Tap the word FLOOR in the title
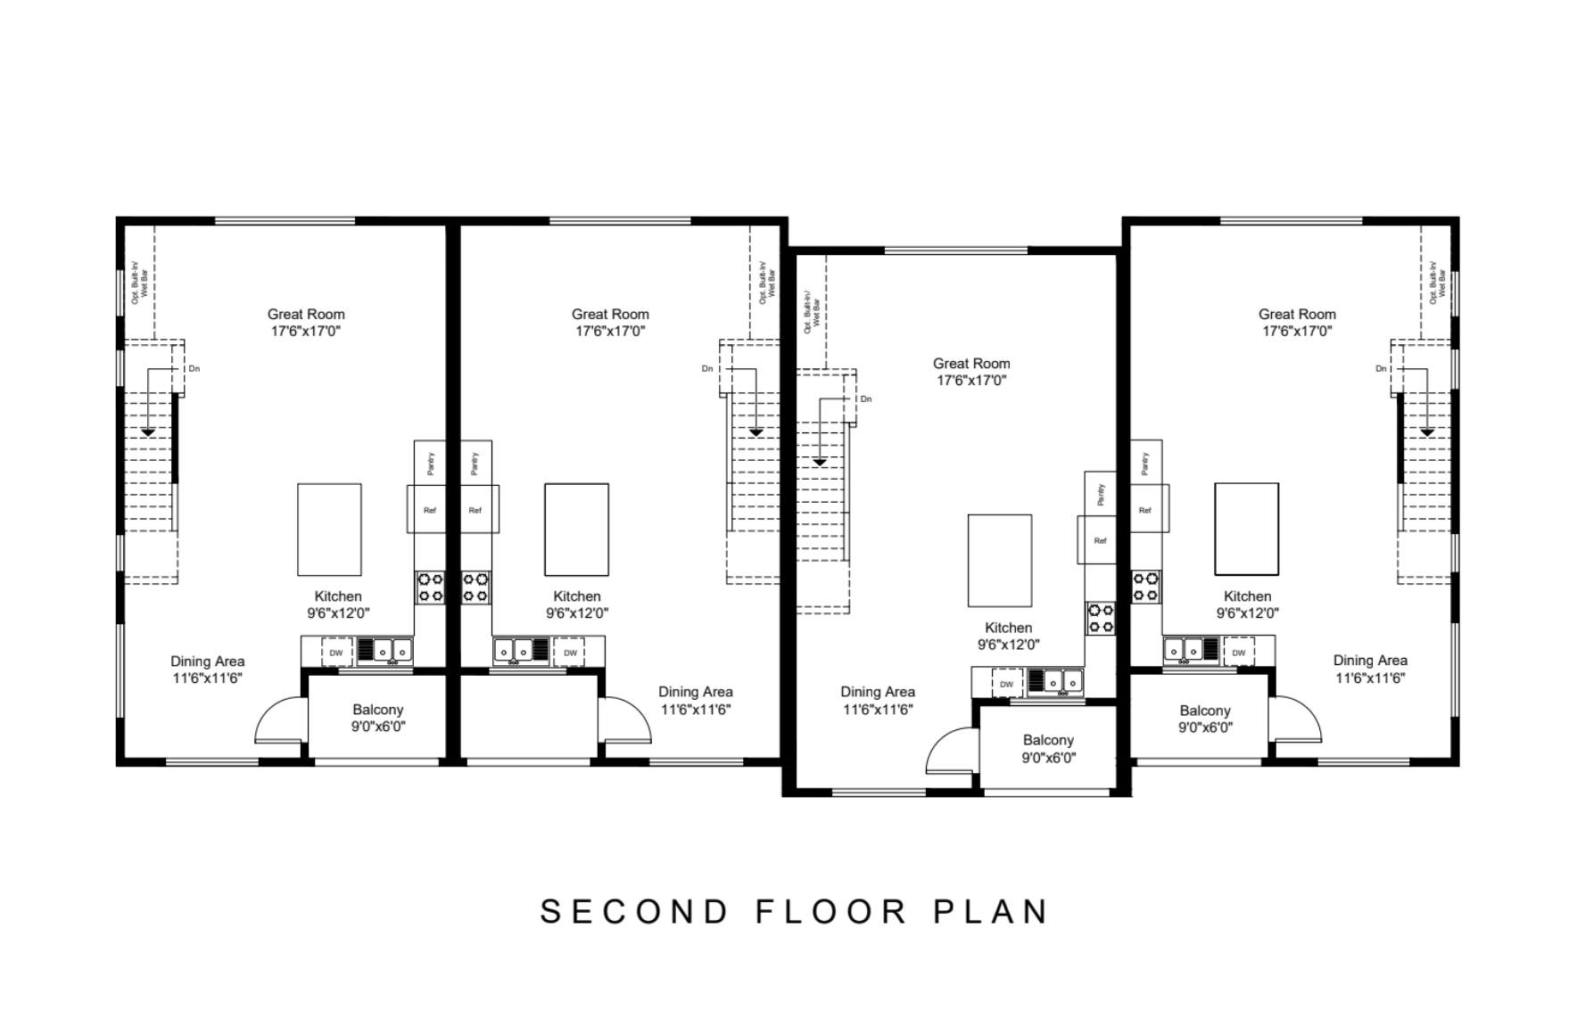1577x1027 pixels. click(832, 912)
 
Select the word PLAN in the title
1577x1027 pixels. click(991, 912)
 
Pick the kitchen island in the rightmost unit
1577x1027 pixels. click(1246, 530)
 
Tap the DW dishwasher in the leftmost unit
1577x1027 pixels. click(336, 653)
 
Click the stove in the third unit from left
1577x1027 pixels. click(1100, 619)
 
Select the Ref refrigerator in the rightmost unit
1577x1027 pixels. click(1146, 510)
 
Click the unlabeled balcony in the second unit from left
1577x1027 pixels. click(530, 717)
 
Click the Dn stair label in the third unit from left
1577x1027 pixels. click(866, 399)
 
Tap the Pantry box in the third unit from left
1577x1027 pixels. click(1101, 493)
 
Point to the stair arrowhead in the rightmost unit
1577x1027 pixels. click(1427, 432)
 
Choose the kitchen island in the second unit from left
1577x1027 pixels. click(576, 530)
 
